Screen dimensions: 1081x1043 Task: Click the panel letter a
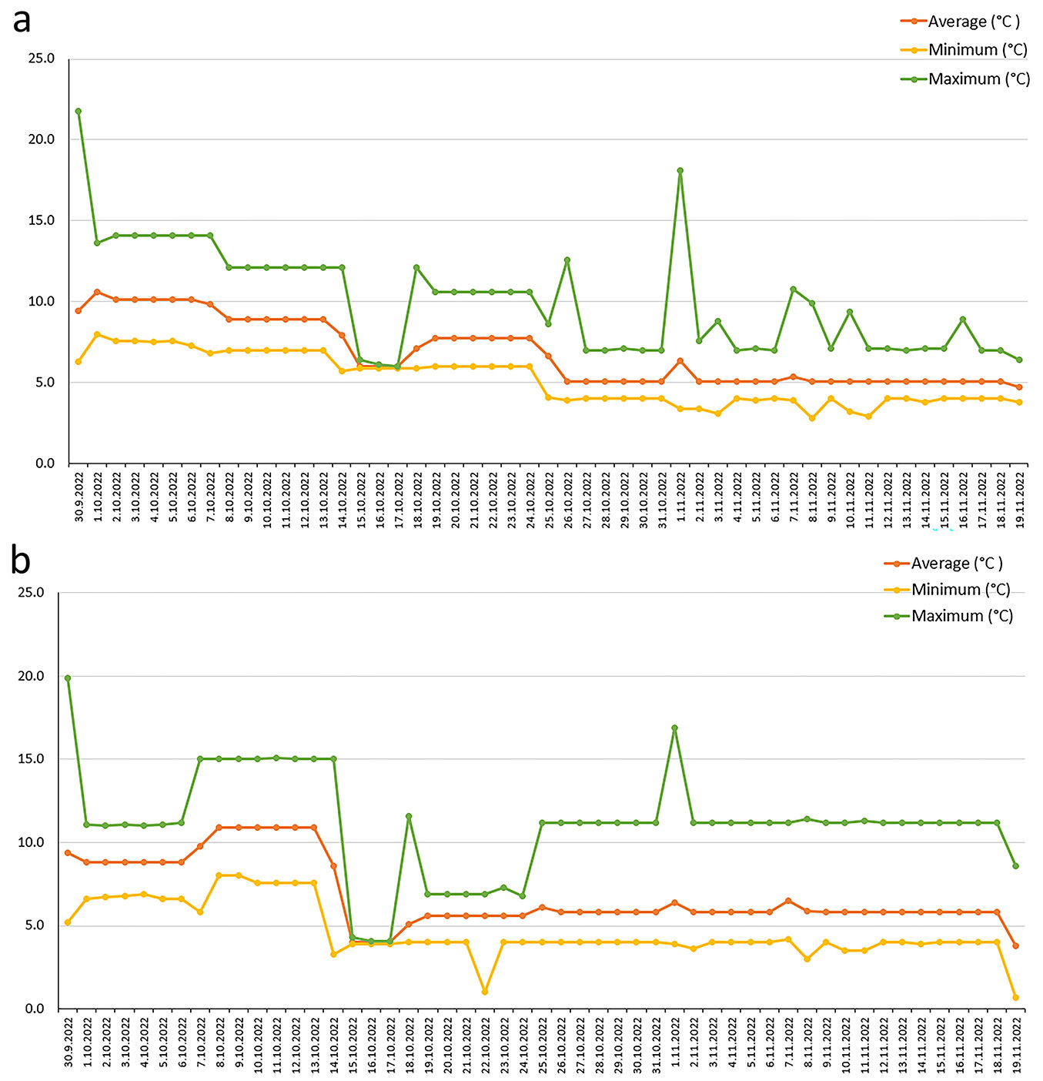[22, 21]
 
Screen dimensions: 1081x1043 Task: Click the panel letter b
[21, 561]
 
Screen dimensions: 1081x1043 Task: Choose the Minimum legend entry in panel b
[961, 590]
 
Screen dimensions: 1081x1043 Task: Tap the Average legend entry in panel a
[973, 22]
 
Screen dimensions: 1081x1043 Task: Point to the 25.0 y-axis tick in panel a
[41, 59]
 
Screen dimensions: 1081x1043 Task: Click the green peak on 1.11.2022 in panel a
[680, 171]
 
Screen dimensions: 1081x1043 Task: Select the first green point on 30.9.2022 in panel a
[79, 111]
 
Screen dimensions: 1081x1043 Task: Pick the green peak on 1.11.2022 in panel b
[674, 728]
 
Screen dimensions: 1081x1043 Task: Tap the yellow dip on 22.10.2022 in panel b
[485, 991]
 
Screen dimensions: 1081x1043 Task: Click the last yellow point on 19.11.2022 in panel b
[1015, 997]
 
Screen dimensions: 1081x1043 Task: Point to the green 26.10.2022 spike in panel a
[567, 260]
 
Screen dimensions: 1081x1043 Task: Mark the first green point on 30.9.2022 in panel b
[68, 678]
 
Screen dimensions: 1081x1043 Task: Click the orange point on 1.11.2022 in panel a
[680, 360]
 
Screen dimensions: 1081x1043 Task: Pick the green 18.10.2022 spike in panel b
[409, 816]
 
